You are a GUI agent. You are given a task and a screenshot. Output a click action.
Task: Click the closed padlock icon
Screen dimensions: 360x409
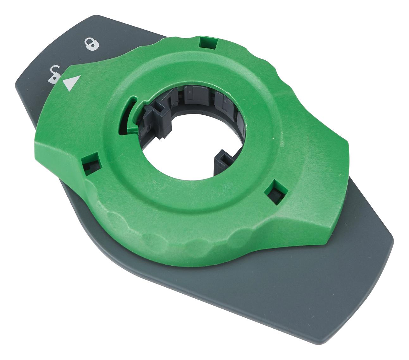pyautogui.click(x=92, y=44)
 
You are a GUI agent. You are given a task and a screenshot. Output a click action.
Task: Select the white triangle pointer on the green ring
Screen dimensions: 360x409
pyautogui.click(x=71, y=83)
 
